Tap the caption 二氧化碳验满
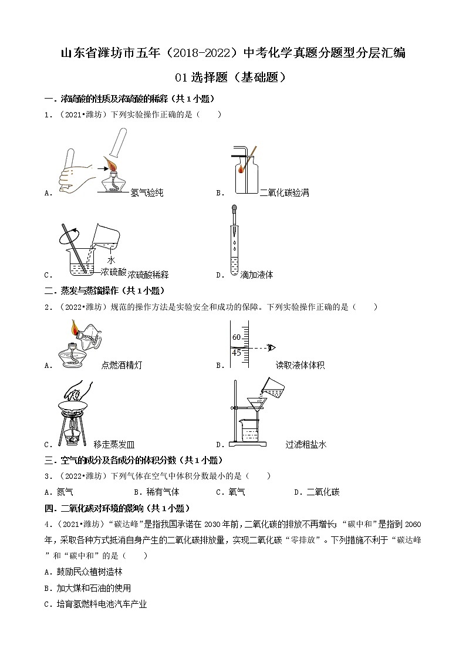pos(284,192)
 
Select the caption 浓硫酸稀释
pos(148,274)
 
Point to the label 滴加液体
pos(256,274)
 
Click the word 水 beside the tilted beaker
pos(111,260)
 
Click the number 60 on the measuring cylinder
pos(237,337)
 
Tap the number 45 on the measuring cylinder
pos(237,352)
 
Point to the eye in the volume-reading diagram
pos(271,347)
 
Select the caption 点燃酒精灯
pos(121,365)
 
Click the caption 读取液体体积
pos(300,365)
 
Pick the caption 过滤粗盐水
pos(306,445)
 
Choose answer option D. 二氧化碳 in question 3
pos(317,492)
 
